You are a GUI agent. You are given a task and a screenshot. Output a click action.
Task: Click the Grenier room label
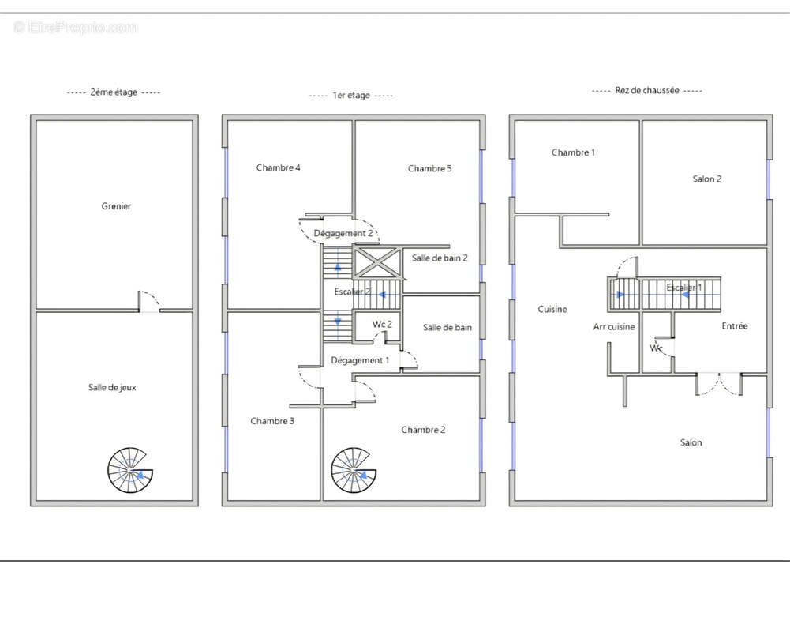[x=116, y=205]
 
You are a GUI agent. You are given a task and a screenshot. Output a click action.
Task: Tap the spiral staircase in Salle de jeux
[x=129, y=470]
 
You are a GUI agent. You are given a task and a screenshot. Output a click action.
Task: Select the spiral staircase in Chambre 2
[x=354, y=470]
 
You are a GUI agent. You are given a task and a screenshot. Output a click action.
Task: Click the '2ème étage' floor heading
[x=114, y=92]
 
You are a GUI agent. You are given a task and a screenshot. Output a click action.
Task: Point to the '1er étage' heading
[x=351, y=96]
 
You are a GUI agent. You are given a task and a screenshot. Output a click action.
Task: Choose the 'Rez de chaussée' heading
[x=647, y=90]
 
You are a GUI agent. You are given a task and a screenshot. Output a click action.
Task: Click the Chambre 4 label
[x=278, y=167]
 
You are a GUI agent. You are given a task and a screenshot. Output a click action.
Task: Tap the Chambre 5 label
[x=430, y=168]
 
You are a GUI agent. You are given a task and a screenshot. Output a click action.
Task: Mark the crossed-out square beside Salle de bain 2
[x=377, y=262]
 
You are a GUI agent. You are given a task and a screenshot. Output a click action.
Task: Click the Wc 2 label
[x=382, y=325]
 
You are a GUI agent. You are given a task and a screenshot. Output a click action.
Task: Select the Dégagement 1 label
[x=360, y=360]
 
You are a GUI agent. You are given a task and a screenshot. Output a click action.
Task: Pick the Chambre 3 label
[x=272, y=421]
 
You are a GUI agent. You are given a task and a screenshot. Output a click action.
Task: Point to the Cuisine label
[x=552, y=309]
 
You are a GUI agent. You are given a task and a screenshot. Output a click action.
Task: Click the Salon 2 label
[x=707, y=179]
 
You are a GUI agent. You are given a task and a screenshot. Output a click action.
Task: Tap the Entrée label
[x=735, y=325]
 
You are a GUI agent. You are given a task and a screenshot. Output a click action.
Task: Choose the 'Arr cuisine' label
[x=614, y=327]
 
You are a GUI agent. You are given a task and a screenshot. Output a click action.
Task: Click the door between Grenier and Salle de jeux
[x=150, y=301]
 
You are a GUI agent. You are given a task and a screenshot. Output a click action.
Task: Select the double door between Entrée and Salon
[x=719, y=383]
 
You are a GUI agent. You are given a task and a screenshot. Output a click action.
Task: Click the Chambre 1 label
[x=573, y=152]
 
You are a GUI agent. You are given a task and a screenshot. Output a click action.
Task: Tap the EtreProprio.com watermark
[x=76, y=27]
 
